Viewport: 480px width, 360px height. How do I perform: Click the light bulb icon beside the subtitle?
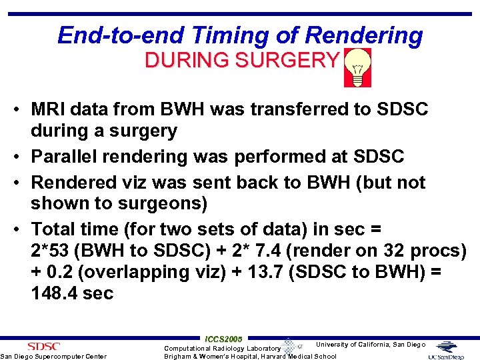tap(357, 68)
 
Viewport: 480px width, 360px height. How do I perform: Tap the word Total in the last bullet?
tap(55, 229)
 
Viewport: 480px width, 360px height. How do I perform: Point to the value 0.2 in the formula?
tap(59, 272)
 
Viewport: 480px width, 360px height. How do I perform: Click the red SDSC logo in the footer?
tap(43, 346)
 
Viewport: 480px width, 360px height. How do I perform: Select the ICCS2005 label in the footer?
tap(223, 339)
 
